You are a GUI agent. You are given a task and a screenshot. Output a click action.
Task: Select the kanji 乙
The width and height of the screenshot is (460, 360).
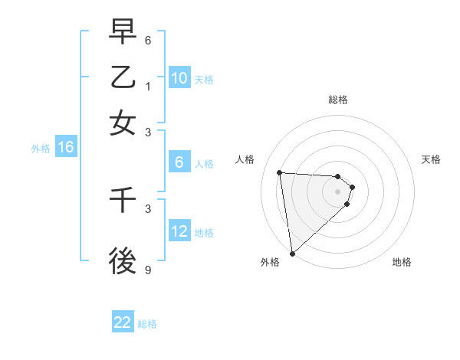123,77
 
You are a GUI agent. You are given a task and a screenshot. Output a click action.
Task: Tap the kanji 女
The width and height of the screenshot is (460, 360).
123,123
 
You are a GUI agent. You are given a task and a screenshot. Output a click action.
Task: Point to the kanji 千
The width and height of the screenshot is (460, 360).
123,200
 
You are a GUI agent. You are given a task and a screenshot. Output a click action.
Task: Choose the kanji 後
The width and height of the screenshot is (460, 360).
123,260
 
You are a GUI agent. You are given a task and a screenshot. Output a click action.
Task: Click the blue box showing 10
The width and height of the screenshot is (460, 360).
179,78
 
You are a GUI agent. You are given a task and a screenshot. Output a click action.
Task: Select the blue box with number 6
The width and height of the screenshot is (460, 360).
179,162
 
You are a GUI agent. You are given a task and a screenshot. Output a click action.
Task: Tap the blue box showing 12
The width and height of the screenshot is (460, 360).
179,231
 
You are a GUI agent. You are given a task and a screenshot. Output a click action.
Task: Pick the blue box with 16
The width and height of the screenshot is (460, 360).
66,148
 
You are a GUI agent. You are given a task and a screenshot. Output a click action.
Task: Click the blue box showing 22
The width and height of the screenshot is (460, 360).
123,322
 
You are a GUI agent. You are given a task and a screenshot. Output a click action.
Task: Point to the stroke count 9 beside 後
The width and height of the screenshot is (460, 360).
149,270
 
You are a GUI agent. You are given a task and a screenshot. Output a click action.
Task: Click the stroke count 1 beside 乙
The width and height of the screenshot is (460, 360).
149,87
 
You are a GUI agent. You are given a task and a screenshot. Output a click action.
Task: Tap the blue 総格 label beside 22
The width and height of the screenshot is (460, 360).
147,324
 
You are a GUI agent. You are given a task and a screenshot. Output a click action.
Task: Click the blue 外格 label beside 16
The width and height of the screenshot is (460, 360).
40,149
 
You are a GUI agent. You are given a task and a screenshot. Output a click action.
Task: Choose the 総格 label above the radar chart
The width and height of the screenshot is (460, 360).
338,100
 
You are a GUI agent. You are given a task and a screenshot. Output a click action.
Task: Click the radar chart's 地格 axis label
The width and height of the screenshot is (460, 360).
402,262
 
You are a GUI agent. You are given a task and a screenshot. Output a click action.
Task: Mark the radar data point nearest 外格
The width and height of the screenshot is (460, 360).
292,253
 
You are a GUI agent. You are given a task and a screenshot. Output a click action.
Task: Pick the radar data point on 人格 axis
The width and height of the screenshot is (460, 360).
280,172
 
